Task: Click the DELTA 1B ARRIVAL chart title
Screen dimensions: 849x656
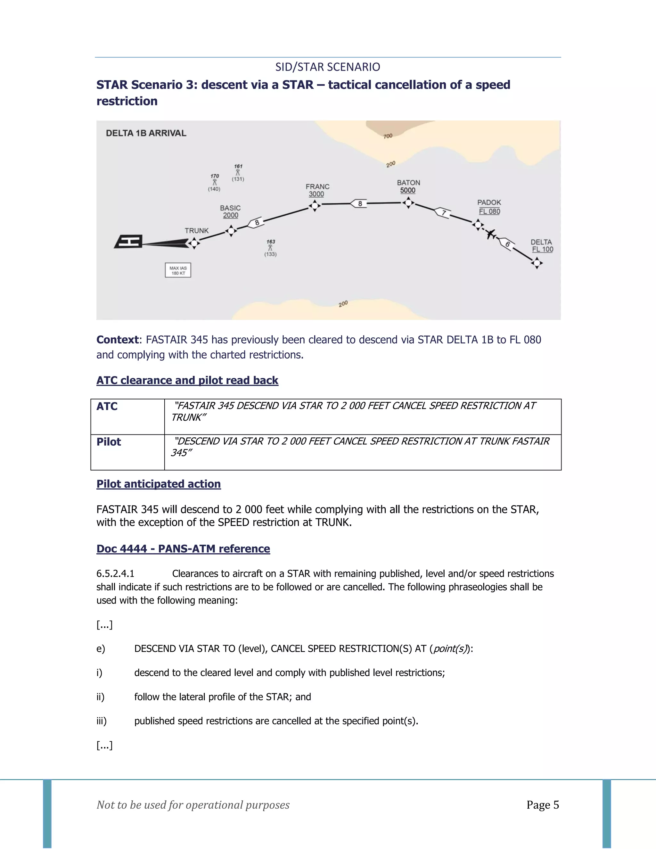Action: [146, 133]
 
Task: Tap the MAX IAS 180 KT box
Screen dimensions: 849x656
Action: [178, 270]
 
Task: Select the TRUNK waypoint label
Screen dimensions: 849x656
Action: [197, 231]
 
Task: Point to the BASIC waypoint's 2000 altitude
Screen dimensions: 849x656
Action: [230, 215]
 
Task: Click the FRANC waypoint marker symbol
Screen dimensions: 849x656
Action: [315, 205]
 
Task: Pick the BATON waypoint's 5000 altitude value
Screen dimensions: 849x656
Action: [408, 191]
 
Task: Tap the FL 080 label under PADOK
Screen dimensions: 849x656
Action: [489, 211]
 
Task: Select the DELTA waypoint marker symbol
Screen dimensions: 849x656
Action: [537, 263]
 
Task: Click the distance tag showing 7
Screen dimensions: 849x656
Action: [443, 213]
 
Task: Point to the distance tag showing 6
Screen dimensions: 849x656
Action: [507, 244]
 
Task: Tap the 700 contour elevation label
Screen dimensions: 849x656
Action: [388, 136]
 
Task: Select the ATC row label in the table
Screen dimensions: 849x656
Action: [107, 406]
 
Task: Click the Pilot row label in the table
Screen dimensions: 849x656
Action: [109, 442]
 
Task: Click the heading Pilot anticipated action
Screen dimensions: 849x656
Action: [159, 484]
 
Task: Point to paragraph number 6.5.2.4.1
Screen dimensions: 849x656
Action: [115, 574]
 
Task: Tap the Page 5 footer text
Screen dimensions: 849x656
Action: [543, 805]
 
